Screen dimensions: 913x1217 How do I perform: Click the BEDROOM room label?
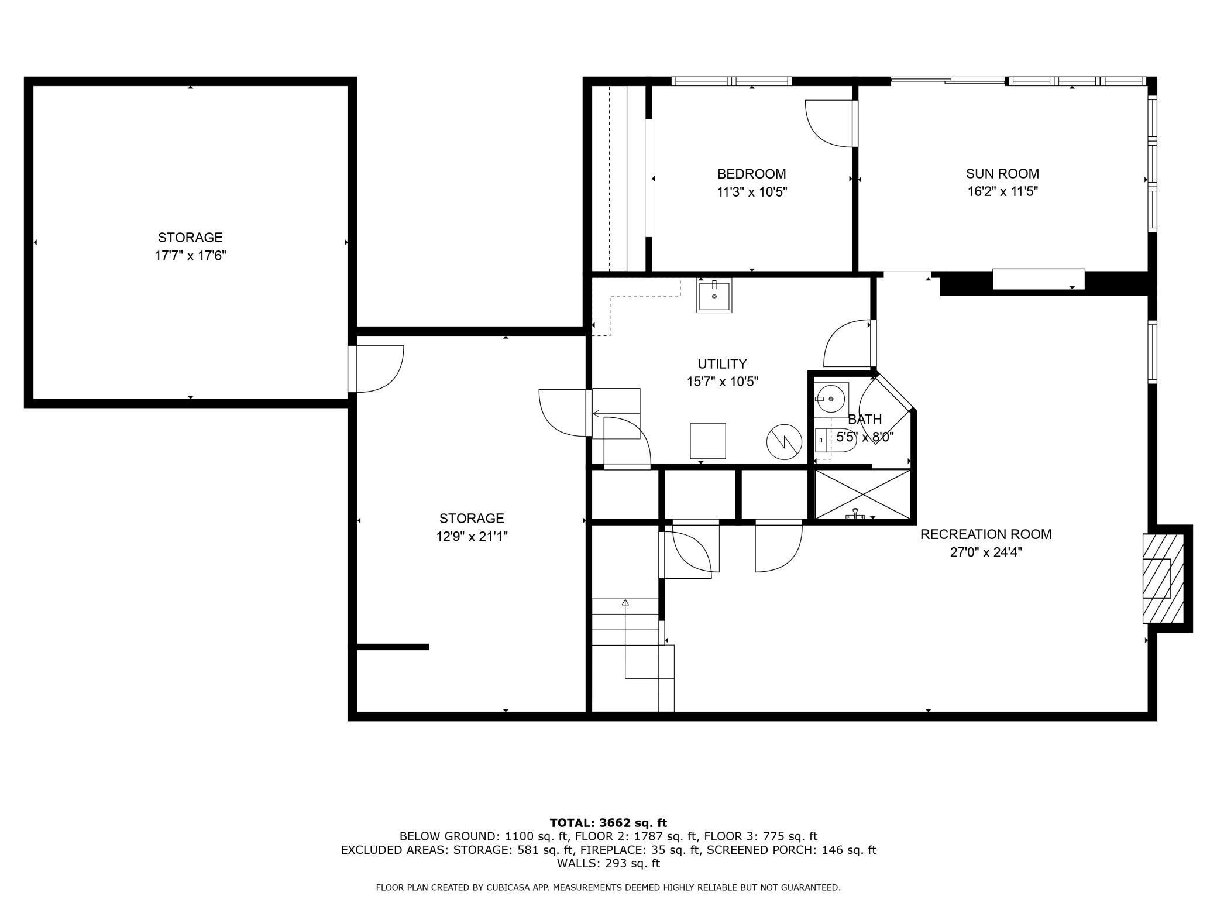751,174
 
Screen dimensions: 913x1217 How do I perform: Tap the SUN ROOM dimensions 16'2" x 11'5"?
1002,191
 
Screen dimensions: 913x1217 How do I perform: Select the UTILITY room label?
722,363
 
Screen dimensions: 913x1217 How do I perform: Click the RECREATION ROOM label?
986,534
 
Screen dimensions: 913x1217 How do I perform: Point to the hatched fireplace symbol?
1163,578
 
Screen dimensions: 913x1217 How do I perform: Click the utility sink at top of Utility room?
714,297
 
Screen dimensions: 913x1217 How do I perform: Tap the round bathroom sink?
831,399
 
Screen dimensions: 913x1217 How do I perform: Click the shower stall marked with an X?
862,495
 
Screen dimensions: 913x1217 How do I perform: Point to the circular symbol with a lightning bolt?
784,442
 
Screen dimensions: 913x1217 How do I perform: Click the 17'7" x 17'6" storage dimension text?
190,256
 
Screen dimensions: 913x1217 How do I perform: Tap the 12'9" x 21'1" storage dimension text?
472,536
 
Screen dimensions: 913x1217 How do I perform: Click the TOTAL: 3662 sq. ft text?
608,823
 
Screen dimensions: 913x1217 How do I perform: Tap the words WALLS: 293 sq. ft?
608,863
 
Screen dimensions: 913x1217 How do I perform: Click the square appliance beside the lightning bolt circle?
708,441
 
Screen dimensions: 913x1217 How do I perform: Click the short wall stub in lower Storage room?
393,647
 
